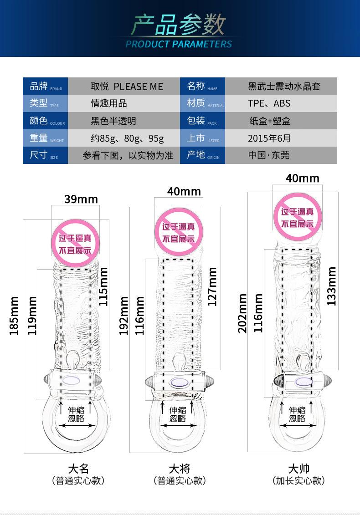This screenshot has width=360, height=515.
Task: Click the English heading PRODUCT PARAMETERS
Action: point(179,44)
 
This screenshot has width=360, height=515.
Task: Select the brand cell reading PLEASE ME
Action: point(127,87)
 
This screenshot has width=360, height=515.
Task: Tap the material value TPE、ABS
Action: point(269,103)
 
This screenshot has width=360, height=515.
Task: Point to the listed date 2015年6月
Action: point(269,138)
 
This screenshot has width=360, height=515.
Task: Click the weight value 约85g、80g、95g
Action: point(127,138)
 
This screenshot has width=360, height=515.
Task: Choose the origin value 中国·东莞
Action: point(268,155)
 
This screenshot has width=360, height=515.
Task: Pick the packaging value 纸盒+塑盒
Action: point(270,121)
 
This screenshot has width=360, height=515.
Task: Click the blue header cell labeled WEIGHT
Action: point(46,138)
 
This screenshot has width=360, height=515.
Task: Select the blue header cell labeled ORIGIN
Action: point(202,155)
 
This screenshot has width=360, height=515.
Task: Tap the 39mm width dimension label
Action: point(81,199)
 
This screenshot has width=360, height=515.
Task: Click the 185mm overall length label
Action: point(14,316)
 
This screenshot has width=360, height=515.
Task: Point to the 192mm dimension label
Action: point(123,316)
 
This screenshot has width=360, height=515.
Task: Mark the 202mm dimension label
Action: point(242,313)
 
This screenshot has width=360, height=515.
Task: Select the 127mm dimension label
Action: point(212,287)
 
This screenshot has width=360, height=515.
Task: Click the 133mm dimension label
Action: point(331,286)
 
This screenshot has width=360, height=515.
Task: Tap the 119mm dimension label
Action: point(32,316)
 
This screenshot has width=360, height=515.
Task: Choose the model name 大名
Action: point(78,469)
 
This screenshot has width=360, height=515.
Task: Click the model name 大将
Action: point(180,469)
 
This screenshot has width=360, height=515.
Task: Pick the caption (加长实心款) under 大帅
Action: point(298,480)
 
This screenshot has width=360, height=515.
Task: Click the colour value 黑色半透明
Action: point(113,121)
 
